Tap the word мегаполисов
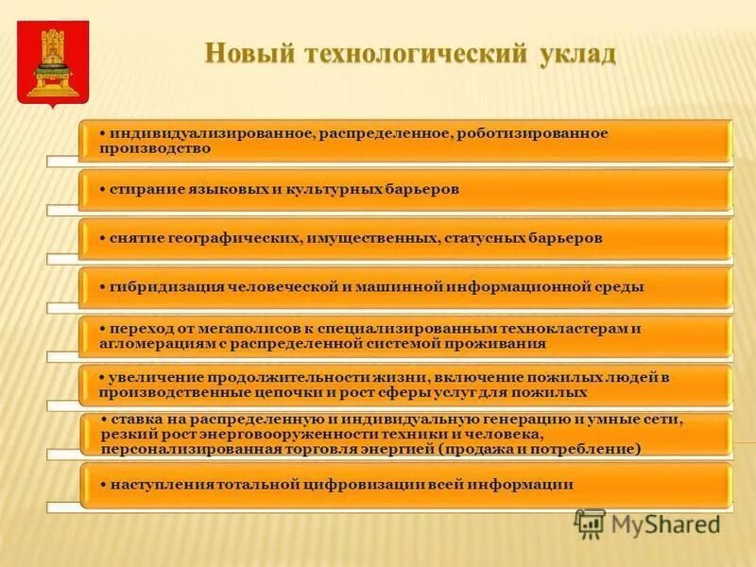pyautogui.click(x=239, y=328)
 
